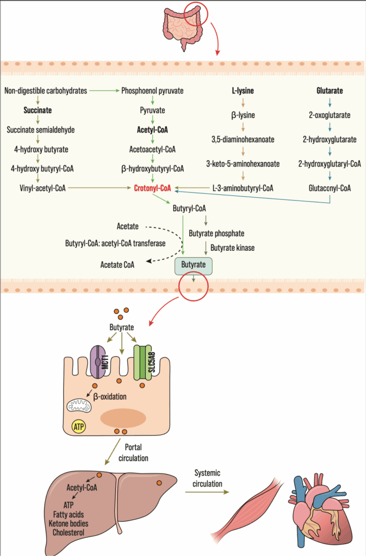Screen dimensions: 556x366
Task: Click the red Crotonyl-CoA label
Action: click(152, 188)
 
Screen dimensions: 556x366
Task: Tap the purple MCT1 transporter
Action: click(98, 361)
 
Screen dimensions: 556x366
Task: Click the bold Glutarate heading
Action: click(330, 91)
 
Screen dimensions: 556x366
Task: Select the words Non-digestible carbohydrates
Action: click(46, 91)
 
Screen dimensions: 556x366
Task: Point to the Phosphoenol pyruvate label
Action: click(152, 91)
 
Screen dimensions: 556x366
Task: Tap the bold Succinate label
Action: click(38, 110)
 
